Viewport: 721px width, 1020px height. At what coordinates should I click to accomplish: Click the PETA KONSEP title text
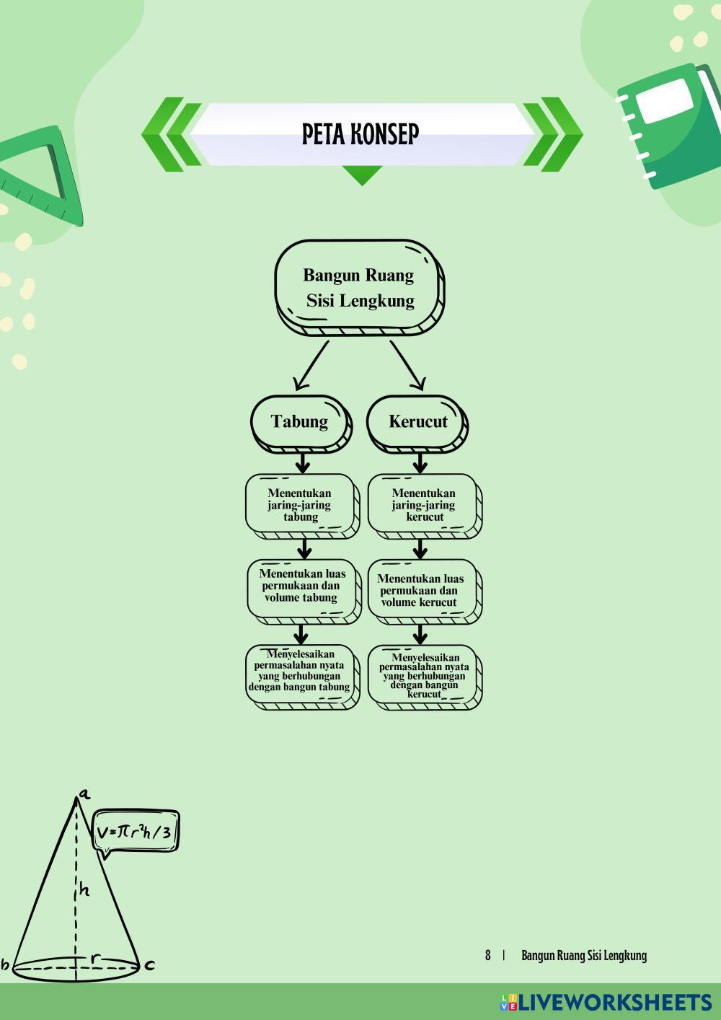pos(360,133)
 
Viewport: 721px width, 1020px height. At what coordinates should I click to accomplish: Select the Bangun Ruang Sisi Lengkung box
pos(358,287)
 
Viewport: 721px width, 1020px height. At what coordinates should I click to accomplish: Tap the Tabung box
pos(300,422)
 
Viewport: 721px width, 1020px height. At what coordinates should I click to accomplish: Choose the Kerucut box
pos(417,422)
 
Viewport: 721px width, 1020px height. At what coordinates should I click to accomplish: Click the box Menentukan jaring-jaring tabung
pos(300,505)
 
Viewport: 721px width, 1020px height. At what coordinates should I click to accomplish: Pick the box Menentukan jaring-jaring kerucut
pos(423,505)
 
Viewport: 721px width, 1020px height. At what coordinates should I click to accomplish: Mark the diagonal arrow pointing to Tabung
pos(310,365)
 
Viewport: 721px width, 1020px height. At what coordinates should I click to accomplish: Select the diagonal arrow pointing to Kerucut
pos(407,365)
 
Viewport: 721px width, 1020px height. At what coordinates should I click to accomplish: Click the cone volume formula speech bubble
pos(136,831)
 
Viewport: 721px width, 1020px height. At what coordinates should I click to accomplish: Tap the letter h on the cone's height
pos(84,890)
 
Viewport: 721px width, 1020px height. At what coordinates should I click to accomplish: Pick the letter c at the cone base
pos(150,964)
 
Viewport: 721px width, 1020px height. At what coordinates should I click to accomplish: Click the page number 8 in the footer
pos(488,956)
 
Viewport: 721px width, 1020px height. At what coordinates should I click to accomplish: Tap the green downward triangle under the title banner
pos(362,175)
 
